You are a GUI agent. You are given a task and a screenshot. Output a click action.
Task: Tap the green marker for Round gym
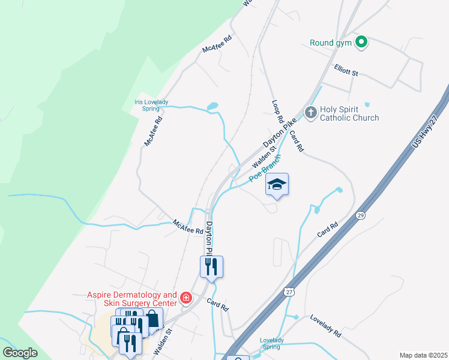tap(361, 42)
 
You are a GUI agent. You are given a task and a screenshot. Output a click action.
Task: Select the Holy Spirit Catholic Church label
tap(349, 113)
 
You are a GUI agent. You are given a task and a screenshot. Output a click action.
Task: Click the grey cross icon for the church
tap(310, 112)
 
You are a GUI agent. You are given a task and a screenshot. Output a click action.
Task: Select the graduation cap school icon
tap(277, 184)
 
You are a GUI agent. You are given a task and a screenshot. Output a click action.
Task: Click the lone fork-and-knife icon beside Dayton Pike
tap(211, 266)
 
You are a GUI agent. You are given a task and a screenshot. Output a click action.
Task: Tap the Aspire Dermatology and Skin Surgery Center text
tap(132, 299)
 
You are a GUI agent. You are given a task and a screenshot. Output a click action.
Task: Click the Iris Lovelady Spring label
tap(147, 105)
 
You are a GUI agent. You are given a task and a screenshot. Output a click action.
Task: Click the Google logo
tap(20, 353)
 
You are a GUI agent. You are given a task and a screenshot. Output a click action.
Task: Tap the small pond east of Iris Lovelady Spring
tap(212, 107)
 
